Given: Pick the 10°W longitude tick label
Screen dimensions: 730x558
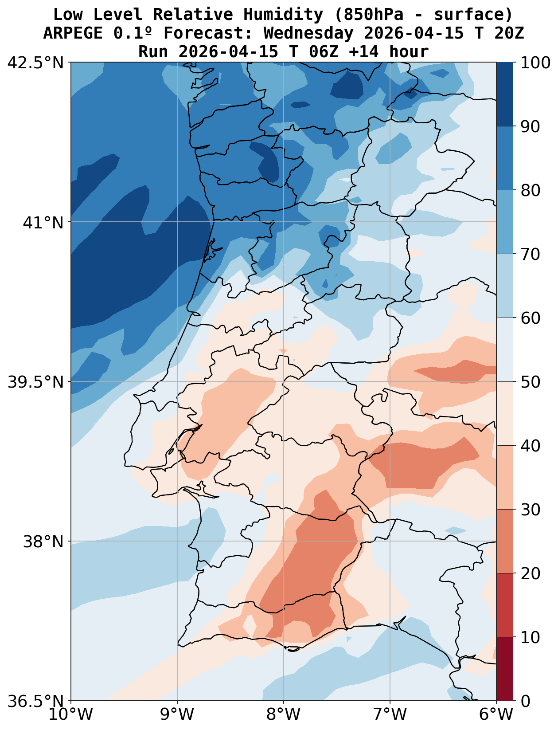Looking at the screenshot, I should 71,714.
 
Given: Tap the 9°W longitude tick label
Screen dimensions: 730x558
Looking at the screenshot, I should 177,714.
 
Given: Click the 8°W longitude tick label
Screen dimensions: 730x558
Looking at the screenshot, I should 284,714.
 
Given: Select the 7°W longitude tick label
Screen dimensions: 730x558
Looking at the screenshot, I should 390,714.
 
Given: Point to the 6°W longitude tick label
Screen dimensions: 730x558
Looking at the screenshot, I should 496,714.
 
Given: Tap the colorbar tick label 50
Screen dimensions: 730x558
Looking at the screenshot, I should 530,382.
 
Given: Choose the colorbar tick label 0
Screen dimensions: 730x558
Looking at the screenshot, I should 525,701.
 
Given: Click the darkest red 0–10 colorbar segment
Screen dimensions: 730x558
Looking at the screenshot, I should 505,669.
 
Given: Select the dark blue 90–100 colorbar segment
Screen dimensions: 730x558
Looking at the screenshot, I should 505,94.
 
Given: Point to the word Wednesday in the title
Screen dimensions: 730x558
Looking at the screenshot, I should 308,33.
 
